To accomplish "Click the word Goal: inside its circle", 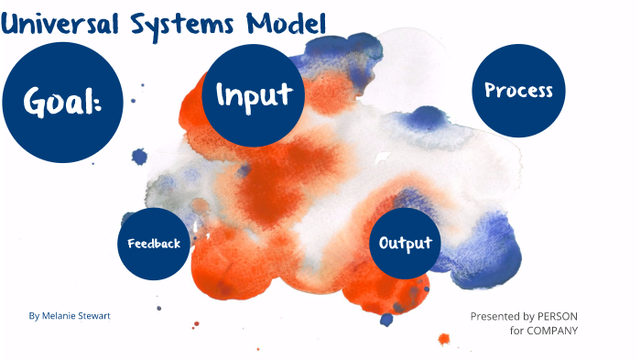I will (x=62, y=104).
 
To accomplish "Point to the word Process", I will (x=518, y=90).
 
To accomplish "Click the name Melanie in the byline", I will (x=61, y=316).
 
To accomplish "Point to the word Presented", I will (x=494, y=316).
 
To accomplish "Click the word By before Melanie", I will (x=34, y=316).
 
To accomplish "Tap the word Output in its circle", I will (x=405, y=244).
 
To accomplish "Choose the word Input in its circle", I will (x=254, y=94).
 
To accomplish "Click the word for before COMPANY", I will (x=516, y=330).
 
